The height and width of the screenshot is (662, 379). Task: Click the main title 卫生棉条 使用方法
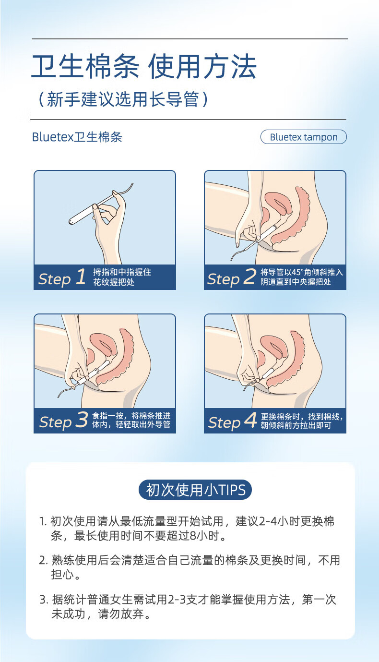[x=144, y=66]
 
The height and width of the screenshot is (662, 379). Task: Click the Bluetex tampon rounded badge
[x=303, y=137]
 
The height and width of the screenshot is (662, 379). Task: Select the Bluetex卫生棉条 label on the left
[x=77, y=137]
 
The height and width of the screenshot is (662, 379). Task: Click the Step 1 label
[x=62, y=278]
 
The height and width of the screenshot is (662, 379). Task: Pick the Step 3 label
[x=63, y=421]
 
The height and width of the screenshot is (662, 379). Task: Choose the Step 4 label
[x=233, y=421]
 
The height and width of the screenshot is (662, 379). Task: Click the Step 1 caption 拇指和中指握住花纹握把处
[x=122, y=277]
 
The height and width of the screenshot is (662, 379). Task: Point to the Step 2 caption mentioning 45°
[x=302, y=277]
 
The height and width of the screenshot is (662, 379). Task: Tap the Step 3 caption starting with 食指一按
[x=131, y=420]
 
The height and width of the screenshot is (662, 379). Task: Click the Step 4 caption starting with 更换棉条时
[x=302, y=421]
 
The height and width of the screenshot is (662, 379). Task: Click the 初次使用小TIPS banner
[x=195, y=490]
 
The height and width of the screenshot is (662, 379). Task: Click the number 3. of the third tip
[x=43, y=600]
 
